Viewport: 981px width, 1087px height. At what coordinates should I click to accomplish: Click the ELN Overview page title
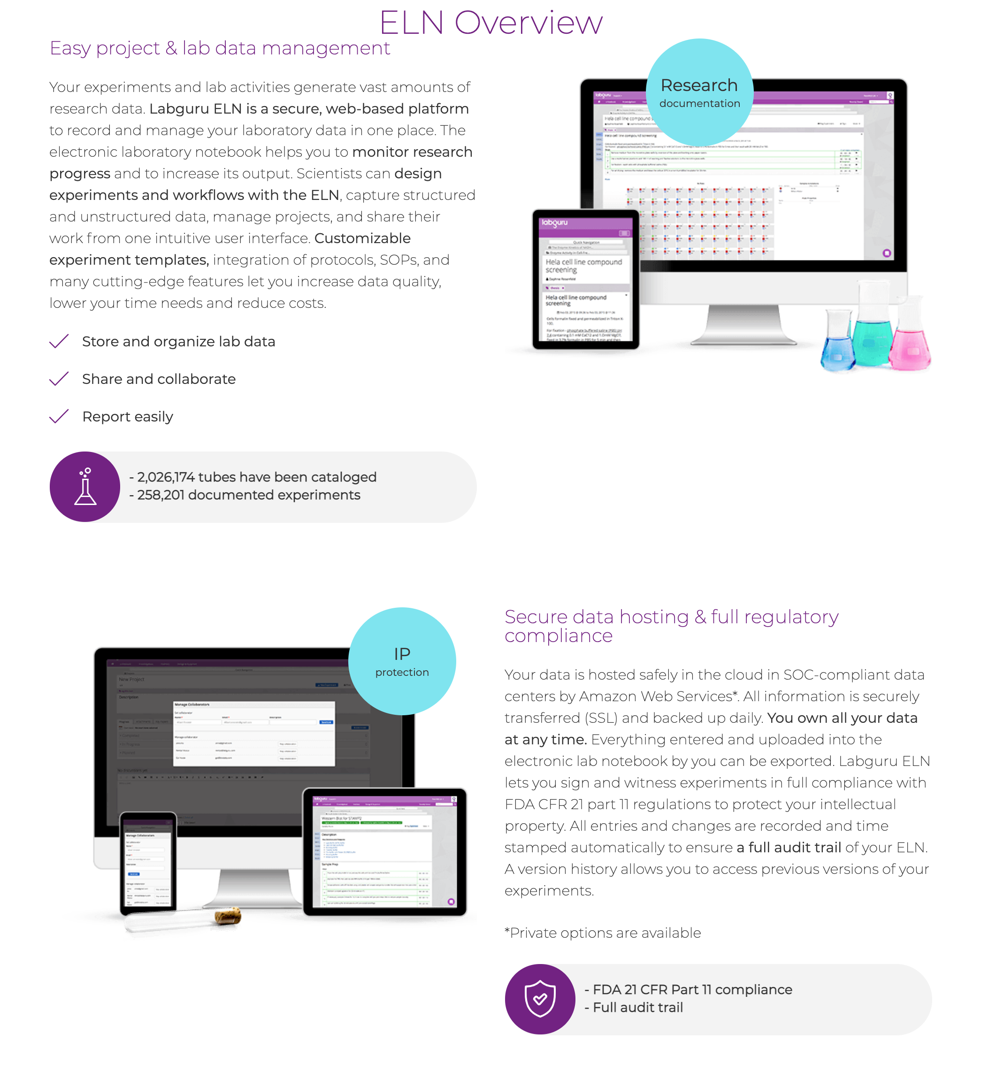tap(490, 23)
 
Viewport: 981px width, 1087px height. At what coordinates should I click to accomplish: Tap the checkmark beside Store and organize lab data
tap(59, 341)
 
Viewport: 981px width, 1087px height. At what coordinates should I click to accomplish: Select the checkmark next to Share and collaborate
tap(59, 379)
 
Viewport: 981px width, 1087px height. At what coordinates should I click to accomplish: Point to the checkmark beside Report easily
tap(59, 417)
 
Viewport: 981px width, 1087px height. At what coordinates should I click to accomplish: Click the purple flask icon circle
tap(84, 487)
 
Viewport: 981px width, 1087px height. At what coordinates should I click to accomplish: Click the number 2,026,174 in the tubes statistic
tap(166, 477)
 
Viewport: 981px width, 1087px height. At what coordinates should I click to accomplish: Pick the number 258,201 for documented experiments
tap(161, 495)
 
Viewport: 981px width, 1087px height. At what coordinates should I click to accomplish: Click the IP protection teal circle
tap(402, 661)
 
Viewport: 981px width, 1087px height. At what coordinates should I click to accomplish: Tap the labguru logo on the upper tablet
tap(555, 222)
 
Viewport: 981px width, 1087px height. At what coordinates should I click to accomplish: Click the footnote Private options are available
tap(603, 933)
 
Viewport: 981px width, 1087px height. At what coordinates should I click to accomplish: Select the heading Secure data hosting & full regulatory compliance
tap(671, 626)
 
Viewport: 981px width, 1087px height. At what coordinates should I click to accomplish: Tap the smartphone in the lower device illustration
tap(148, 862)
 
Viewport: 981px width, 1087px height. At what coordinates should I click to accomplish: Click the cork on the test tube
tap(229, 915)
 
